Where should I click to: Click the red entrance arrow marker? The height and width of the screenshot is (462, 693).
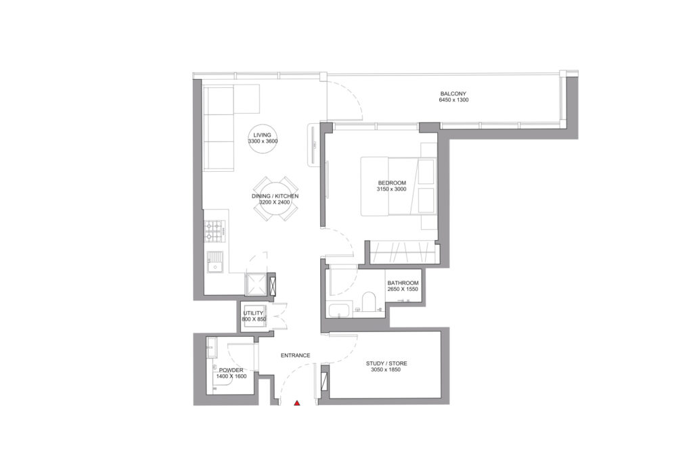pyautogui.click(x=296, y=404)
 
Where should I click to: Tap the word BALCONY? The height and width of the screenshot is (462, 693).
pyautogui.click(x=453, y=93)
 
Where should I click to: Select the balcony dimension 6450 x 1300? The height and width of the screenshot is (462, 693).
pyautogui.click(x=453, y=100)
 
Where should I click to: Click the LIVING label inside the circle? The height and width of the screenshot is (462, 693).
pyautogui.click(x=263, y=135)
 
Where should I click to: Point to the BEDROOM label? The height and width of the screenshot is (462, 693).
pyautogui.click(x=392, y=183)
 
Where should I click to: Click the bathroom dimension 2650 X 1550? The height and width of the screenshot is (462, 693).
pyautogui.click(x=403, y=290)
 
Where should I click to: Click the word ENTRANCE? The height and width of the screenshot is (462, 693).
pyautogui.click(x=296, y=355)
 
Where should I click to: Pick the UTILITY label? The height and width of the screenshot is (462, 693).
pyautogui.click(x=253, y=313)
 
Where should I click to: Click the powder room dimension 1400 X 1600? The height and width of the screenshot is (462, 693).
pyautogui.click(x=230, y=377)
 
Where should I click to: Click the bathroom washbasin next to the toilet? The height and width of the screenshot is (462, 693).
pyautogui.click(x=338, y=311)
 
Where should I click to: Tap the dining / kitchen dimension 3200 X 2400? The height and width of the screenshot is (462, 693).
pyautogui.click(x=275, y=202)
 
